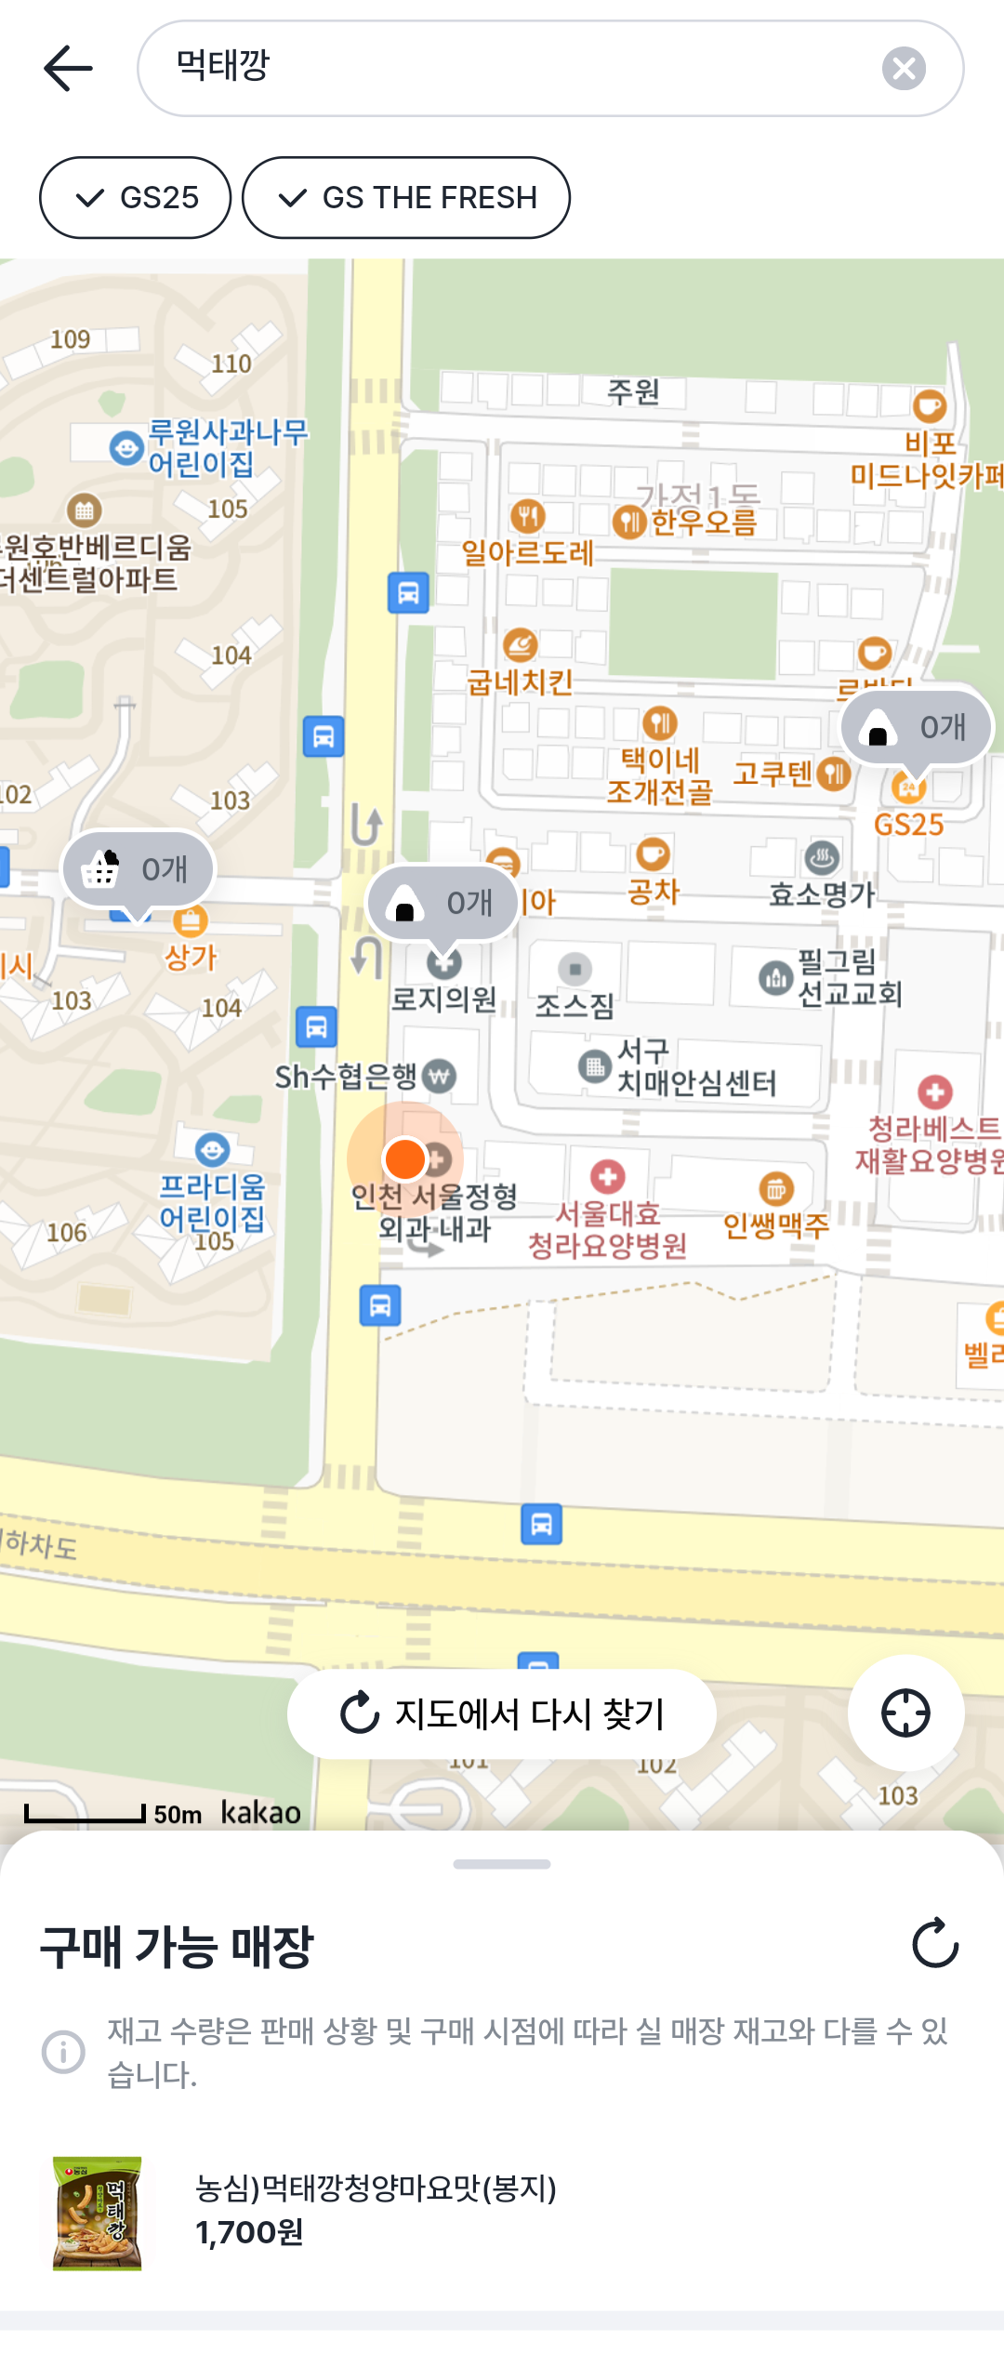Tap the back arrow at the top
(68, 69)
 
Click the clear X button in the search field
(904, 69)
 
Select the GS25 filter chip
(136, 198)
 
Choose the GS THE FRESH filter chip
(406, 198)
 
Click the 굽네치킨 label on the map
(520, 681)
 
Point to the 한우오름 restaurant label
(703, 522)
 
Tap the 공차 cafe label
(654, 891)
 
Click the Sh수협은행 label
(346, 1077)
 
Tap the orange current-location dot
(405, 1159)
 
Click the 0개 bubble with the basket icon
(139, 869)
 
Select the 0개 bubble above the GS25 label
(917, 727)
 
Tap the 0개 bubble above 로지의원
(443, 903)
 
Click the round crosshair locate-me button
(905, 1712)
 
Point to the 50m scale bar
(86, 1813)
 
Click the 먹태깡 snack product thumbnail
(98, 2214)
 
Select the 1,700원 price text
(249, 2232)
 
